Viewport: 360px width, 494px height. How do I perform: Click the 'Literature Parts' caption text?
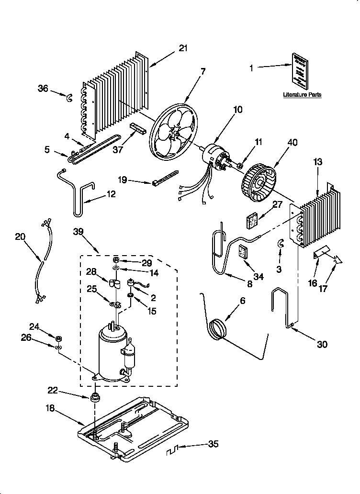302,95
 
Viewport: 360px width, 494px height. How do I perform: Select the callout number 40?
292,142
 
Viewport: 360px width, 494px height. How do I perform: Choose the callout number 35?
213,444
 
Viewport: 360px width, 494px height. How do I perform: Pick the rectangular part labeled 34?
244,252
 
